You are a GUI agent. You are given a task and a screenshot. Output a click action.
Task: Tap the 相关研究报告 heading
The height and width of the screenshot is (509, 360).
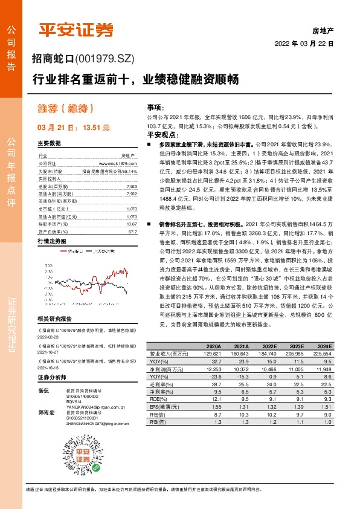(x=54, y=319)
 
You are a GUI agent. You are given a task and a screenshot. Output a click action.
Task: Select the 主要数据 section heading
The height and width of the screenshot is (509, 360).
(x=49, y=143)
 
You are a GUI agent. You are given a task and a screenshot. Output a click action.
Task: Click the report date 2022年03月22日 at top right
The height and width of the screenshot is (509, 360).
(x=304, y=44)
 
